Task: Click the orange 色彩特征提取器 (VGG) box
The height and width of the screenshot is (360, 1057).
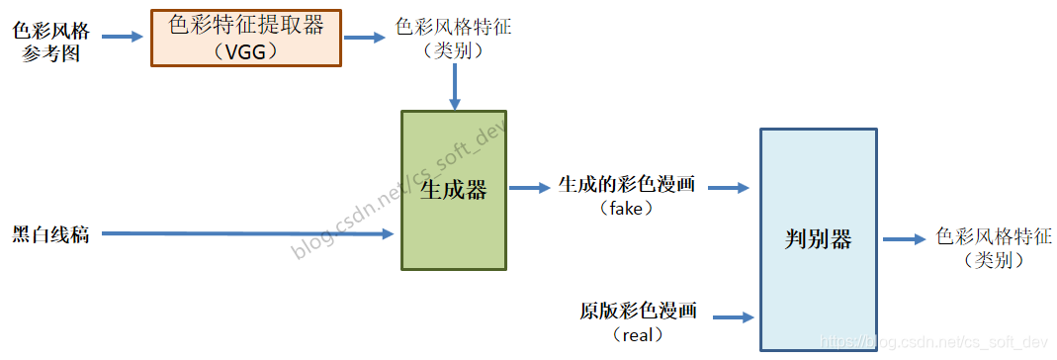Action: [245, 37]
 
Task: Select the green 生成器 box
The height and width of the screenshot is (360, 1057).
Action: [453, 189]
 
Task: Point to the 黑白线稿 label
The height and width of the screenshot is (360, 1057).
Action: [50, 234]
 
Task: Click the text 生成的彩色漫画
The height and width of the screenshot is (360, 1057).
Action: [627, 185]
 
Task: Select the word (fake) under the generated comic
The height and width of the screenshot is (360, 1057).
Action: [627, 209]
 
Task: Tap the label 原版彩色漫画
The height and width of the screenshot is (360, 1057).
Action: [638, 311]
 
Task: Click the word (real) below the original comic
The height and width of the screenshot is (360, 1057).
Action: [638, 335]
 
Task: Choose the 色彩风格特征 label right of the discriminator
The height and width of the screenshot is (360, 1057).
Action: [993, 237]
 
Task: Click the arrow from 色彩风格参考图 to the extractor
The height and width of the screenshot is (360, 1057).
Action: [123, 38]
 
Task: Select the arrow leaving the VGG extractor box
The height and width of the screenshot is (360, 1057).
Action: [364, 38]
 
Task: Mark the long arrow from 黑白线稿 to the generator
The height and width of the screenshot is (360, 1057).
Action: [247, 234]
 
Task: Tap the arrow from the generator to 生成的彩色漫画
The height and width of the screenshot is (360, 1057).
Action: [530, 187]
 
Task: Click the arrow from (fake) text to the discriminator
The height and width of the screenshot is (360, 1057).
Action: [730, 187]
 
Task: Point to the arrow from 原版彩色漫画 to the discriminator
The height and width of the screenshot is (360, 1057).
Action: [734, 317]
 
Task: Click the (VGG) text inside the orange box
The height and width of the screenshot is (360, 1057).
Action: [245, 50]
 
